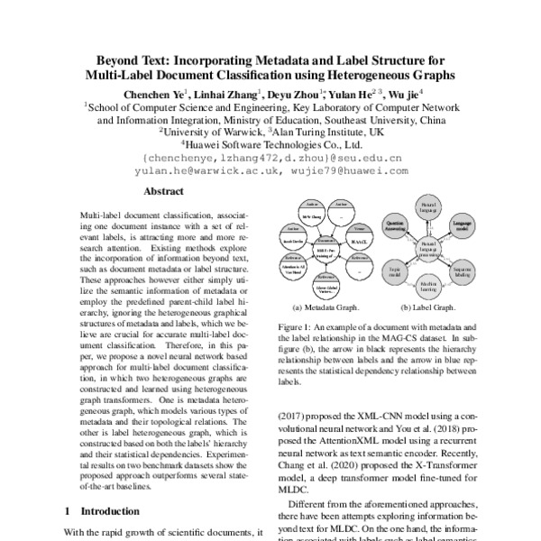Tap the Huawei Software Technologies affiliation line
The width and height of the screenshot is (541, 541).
tap(271, 142)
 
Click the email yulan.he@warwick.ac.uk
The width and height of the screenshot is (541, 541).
tap(211, 168)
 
